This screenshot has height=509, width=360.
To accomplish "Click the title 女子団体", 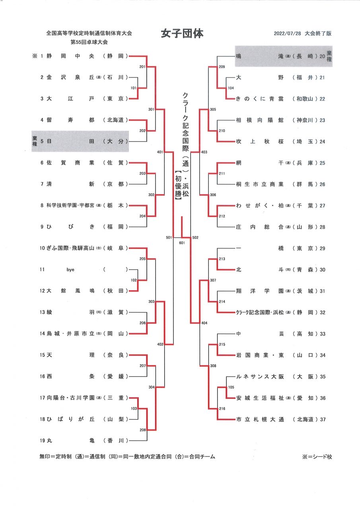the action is pyautogui.click(x=182, y=34).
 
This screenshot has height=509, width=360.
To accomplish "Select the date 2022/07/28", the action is pyautogui.click(x=287, y=33).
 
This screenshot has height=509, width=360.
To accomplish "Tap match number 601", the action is pyautogui.click(x=182, y=243).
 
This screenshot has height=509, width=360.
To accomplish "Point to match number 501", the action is pyautogui.click(x=169, y=237).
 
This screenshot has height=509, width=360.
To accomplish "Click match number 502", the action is pyautogui.click(x=195, y=237).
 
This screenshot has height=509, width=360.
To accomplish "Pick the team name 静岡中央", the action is pyautogui.click(x=70, y=56).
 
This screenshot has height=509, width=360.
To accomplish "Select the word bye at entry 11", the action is pyautogui.click(x=70, y=270).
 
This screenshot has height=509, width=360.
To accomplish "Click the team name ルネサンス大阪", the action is pyautogui.click(x=260, y=377).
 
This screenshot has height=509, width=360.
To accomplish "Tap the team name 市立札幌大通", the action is pyautogui.click(x=260, y=419).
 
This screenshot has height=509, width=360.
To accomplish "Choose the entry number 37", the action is pyautogui.click(x=323, y=420).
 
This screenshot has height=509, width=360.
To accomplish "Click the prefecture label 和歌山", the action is pyautogui.click(x=305, y=99).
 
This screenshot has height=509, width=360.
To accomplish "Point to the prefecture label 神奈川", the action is pyautogui.click(x=305, y=120).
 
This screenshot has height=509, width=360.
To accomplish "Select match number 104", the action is pyautogui.click(x=231, y=88).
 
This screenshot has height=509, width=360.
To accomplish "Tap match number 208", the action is pyautogui.click(x=142, y=430).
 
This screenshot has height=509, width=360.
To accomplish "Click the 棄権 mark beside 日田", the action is pyautogui.click(x=35, y=141).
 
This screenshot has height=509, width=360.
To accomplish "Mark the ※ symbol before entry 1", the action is pyautogui.click(x=35, y=56).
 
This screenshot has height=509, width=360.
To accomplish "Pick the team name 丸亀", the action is pyautogui.click(x=70, y=441).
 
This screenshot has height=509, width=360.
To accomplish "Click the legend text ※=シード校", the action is pyautogui.click(x=317, y=457).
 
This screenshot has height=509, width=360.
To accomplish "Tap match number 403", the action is pyautogui.click(x=204, y=152).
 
